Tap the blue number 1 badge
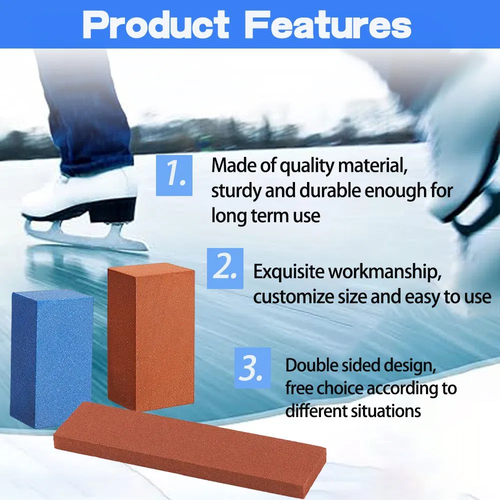click(x=174, y=175)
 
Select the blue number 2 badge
click(x=225, y=268)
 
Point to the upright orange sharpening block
click(x=150, y=335)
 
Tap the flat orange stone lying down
click(x=190, y=446)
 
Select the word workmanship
click(x=385, y=272)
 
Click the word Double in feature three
click(x=309, y=365)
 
